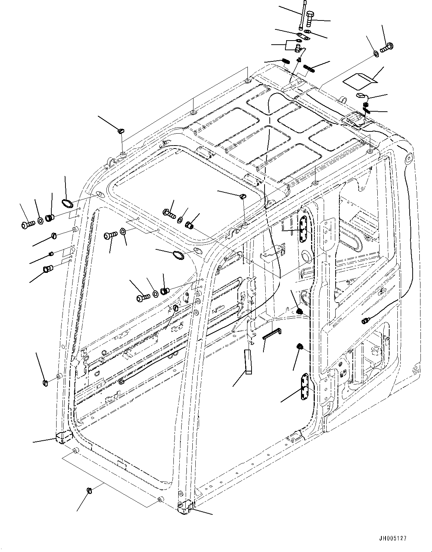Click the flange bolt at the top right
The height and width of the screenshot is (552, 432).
pyautogui.click(x=387, y=47)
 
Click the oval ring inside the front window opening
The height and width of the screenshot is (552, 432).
pyautogui.click(x=178, y=255)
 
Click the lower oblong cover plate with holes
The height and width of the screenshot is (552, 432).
pyautogui.click(x=305, y=386)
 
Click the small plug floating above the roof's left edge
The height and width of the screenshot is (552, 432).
pyautogui.click(x=121, y=131)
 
